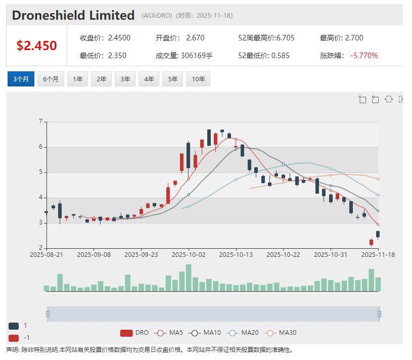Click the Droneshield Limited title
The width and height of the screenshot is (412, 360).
(73, 15)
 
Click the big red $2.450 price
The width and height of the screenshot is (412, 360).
(36, 46)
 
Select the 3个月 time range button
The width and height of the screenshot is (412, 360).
(21, 79)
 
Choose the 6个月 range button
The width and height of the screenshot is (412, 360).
(51, 79)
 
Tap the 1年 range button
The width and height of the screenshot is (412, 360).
(77, 79)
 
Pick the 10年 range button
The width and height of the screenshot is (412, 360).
(198, 79)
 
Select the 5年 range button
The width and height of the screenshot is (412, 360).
(172, 79)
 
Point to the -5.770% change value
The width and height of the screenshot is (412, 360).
(364, 56)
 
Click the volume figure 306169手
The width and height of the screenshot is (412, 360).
(197, 56)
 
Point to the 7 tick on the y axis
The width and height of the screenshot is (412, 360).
(40, 122)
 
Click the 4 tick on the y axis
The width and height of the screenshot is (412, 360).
(40, 198)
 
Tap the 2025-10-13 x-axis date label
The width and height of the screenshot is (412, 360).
(236, 255)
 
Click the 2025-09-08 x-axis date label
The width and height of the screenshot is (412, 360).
(94, 255)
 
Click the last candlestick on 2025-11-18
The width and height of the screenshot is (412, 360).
(378, 234)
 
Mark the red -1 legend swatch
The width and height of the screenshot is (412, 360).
(14, 338)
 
